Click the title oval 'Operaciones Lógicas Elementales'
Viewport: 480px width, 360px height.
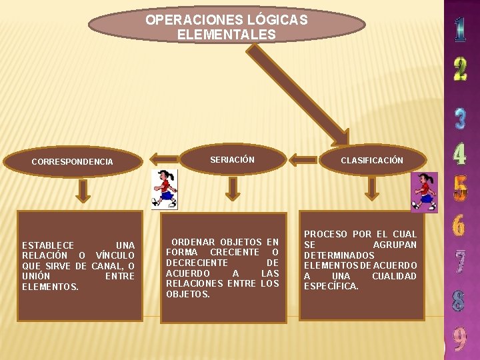pos(227,27)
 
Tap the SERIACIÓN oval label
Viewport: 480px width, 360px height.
pos(232,160)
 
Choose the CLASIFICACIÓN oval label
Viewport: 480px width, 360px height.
pos(372,160)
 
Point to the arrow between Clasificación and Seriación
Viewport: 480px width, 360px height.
pos(303,159)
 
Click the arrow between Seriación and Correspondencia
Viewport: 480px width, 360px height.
pos(163,159)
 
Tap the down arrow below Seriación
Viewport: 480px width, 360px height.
pos(232,188)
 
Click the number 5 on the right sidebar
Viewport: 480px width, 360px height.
pos(460,187)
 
